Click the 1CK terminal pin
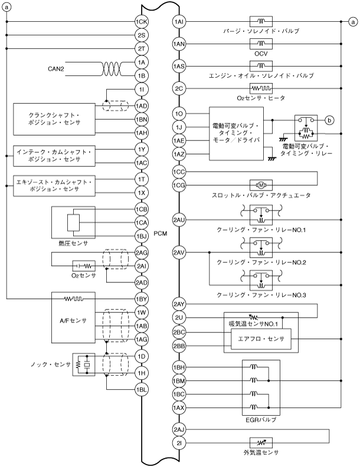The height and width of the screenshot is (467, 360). [142, 22]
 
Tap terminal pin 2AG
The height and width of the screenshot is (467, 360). [142, 253]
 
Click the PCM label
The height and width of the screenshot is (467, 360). [160, 233]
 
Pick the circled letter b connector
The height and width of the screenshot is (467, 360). [329, 120]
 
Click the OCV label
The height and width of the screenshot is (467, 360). [260, 52]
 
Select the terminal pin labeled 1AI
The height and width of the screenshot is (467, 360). [180, 22]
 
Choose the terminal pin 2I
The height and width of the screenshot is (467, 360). [180, 442]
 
